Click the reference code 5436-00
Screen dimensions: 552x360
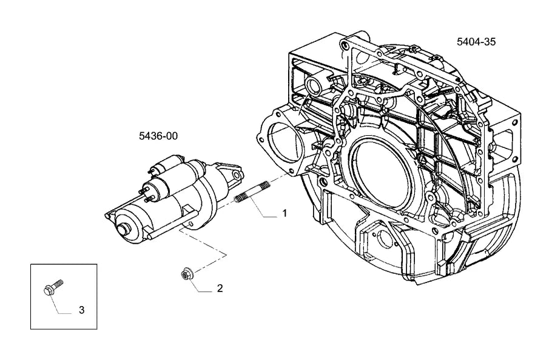click(158, 136)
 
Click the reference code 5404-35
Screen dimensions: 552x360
click(476, 41)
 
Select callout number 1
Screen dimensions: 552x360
click(284, 213)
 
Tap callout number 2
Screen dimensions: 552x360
click(220, 288)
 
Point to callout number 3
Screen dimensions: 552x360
click(82, 310)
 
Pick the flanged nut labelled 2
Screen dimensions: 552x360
click(186, 274)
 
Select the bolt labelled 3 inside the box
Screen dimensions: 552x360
click(53, 288)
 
